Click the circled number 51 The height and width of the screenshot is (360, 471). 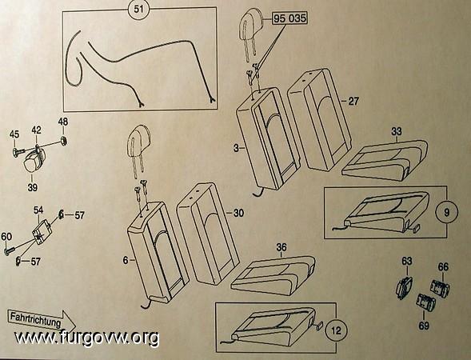click(139, 9)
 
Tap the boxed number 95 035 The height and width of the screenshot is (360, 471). click(289, 18)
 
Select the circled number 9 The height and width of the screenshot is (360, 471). click(447, 212)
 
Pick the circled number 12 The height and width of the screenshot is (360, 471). click(337, 330)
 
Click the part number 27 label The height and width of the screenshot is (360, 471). click(353, 101)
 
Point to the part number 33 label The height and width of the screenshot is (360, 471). click(397, 131)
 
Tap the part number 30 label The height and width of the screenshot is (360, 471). click(238, 213)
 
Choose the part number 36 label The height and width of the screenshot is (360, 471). click(281, 247)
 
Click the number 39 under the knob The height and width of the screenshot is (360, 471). click(33, 187)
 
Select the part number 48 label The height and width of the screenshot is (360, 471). click(63, 122)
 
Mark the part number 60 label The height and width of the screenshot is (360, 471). click(6, 237)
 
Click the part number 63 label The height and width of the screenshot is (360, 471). click(407, 261)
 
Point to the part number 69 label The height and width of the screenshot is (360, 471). click(424, 326)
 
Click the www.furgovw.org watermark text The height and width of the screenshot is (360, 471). click(87, 338)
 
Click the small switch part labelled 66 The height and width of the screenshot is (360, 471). click(441, 288)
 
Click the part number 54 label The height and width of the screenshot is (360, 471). click(38, 210)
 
